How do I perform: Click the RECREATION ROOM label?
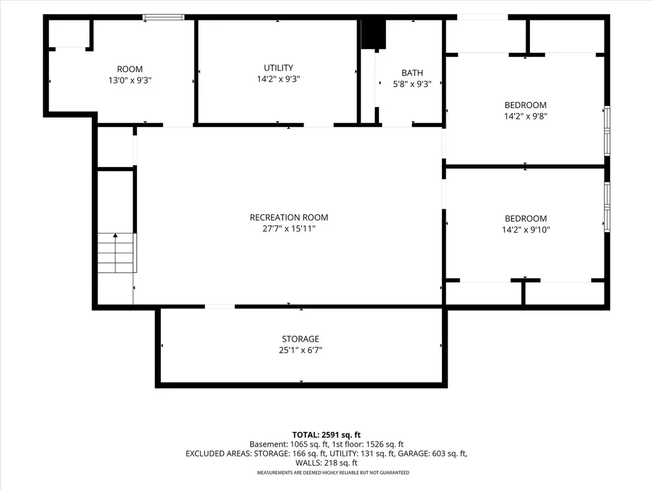(x=289, y=218)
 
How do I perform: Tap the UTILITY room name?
(x=278, y=68)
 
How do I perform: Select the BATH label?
(x=413, y=73)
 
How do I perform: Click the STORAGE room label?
(x=300, y=339)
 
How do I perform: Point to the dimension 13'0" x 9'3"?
(x=130, y=80)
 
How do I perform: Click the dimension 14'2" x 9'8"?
(x=525, y=116)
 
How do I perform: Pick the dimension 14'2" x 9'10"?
(x=526, y=230)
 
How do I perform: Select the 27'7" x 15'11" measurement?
(x=289, y=229)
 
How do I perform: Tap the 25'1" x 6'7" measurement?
(x=300, y=350)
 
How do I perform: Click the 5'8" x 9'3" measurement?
(x=413, y=84)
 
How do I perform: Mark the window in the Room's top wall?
(x=163, y=17)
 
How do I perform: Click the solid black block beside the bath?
(x=374, y=34)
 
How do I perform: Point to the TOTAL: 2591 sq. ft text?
(x=326, y=435)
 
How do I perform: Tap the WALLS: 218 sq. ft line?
(x=326, y=463)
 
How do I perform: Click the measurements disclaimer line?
(x=333, y=473)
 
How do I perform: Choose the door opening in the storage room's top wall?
(x=219, y=307)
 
